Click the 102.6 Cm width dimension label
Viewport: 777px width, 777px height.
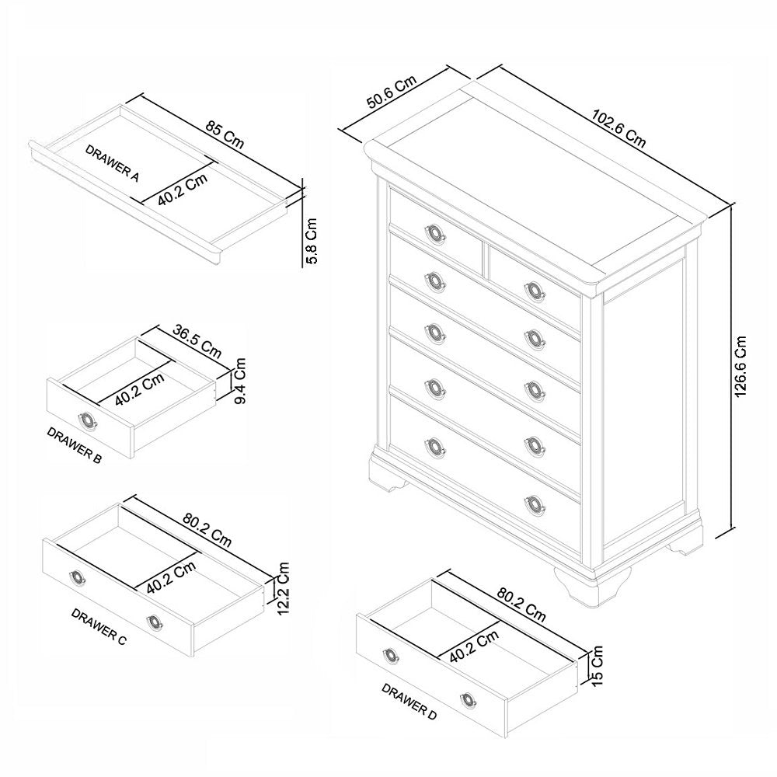pos(618,128)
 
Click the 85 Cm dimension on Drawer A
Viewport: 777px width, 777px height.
pos(225,135)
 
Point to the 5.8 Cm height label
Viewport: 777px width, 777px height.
pos(312,241)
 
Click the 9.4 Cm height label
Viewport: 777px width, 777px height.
pos(239,381)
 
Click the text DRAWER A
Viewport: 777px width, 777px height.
pos(112,162)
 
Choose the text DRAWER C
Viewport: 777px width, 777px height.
pos(99,627)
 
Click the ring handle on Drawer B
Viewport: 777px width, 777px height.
pos(87,420)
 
